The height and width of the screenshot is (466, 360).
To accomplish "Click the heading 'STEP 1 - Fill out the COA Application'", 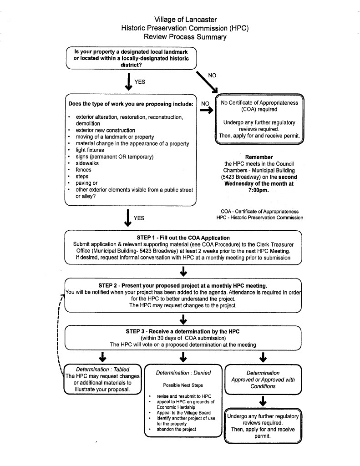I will pyautogui.click(x=183, y=238).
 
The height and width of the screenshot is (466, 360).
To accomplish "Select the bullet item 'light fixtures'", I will pyautogui.click(x=90, y=150).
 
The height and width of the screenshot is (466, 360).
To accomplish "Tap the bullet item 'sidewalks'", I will pyautogui.click(x=87, y=163).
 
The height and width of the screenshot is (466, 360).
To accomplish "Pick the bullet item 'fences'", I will pyautogui.click(x=84, y=170).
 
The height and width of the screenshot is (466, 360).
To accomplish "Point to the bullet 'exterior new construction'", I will pyautogui.click(x=105, y=130).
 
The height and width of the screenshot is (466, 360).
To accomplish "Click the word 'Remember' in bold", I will pyautogui.click(x=259, y=157).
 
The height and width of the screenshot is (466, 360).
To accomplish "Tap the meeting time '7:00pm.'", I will pyautogui.click(x=259, y=191).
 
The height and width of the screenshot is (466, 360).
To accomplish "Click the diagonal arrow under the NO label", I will pyautogui.click(x=207, y=82).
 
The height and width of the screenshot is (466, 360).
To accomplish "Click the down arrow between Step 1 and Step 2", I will pyautogui.click(x=183, y=272).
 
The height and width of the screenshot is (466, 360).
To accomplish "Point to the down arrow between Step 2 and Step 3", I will pyautogui.click(x=183, y=319).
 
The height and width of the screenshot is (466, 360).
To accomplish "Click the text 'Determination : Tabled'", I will pyautogui.click(x=102, y=370).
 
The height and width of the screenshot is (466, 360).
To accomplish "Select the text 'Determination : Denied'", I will pyautogui.click(x=183, y=373).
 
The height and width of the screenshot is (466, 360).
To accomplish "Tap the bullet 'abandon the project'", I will pyautogui.click(x=176, y=429).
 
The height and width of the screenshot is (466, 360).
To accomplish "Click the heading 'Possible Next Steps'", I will pyautogui.click(x=183, y=385).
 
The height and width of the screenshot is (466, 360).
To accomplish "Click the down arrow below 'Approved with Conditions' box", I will pyautogui.click(x=263, y=400).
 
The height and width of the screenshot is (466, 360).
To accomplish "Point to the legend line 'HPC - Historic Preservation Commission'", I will pyautogui.click(x=260, y=218).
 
